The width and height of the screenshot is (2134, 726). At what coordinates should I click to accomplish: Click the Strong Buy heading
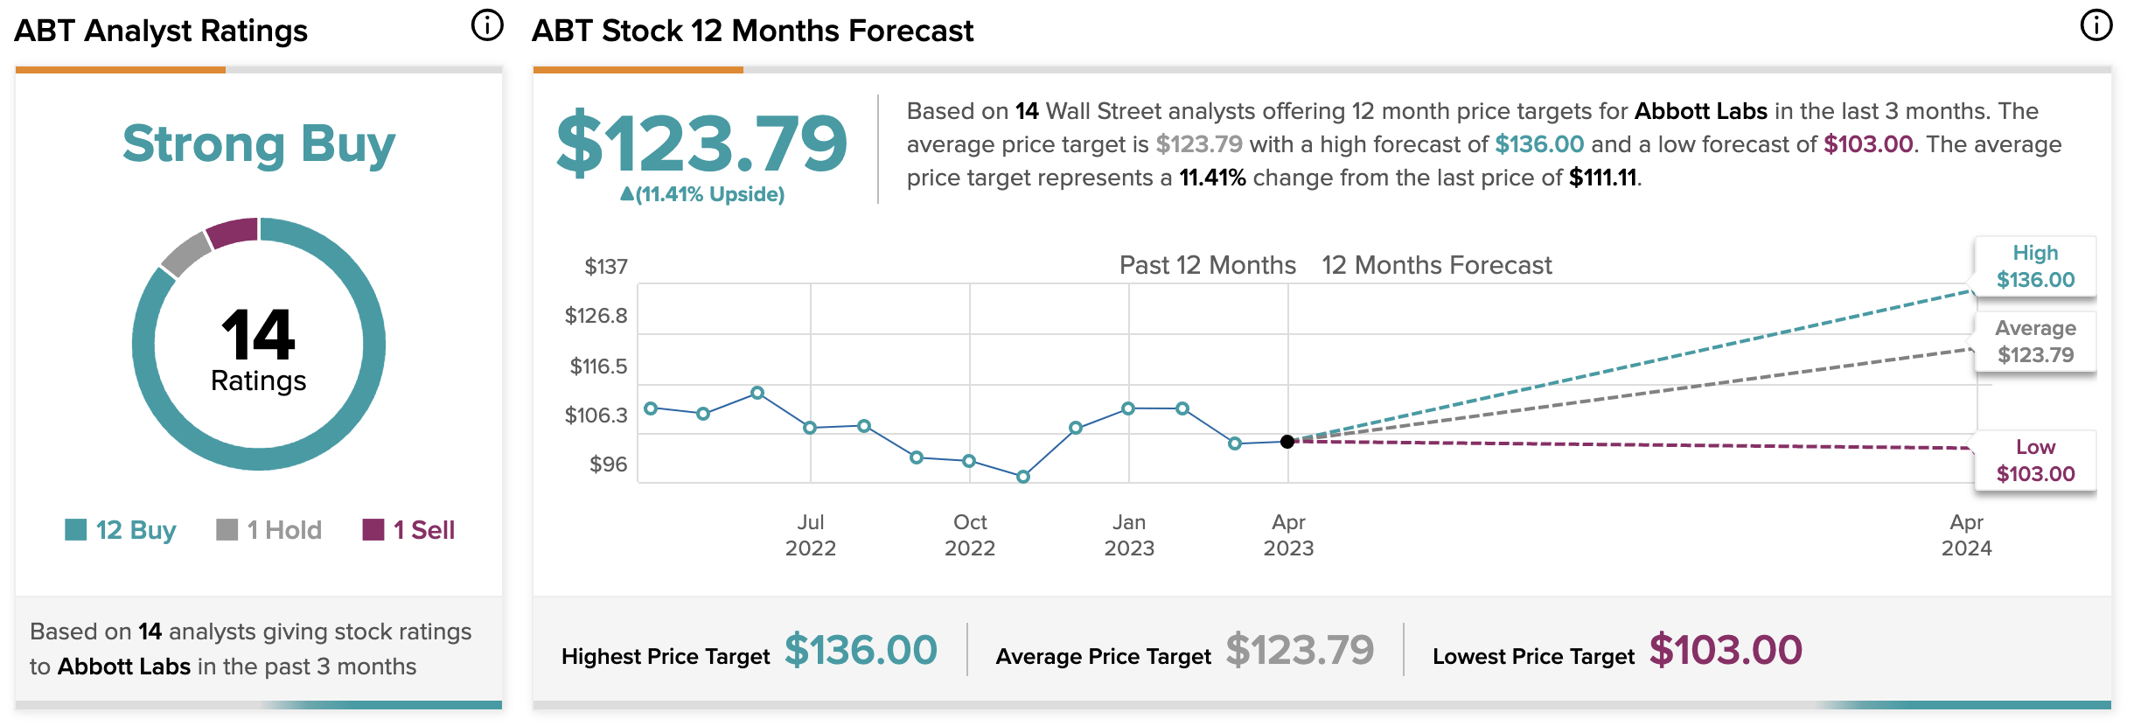click(x=259, y=144)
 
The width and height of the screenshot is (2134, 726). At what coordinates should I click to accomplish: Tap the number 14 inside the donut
click(x=259, y=336)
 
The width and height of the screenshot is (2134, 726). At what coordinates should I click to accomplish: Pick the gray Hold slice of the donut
click(x=185, y=255)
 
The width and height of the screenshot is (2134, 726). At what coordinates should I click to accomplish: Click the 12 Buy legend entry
click(x=121, y=530)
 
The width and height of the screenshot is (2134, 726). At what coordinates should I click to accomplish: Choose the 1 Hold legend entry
click(x=269, y=530)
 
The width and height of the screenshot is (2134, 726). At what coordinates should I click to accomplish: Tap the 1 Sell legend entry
click(x=408, y=530)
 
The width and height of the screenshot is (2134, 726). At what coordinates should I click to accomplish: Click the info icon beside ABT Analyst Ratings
click(x=487, y=25)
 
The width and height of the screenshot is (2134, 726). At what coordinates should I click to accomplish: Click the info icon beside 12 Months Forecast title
click(x=2096, y=25)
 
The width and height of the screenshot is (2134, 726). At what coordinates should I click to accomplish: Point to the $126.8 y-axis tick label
click(x=596, y=316)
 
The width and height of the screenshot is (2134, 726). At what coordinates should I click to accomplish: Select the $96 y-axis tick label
click(x=608, y=464)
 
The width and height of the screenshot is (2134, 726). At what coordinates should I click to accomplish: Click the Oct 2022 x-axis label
click(x=970, y=534)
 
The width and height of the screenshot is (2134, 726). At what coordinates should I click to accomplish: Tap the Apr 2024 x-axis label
click(x=1966, y=534)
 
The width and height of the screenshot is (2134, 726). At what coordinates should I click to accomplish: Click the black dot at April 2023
click(x=1287, y=442)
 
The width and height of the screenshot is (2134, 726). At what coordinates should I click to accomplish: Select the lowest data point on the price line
click(x=1022, y=477)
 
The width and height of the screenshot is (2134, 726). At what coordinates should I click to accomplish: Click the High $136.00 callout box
click(x=2035, y=267)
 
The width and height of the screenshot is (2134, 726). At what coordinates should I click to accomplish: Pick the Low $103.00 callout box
click(x=2035, y=461)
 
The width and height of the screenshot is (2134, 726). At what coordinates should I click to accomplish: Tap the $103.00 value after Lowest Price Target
click(x=1726, y=651)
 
